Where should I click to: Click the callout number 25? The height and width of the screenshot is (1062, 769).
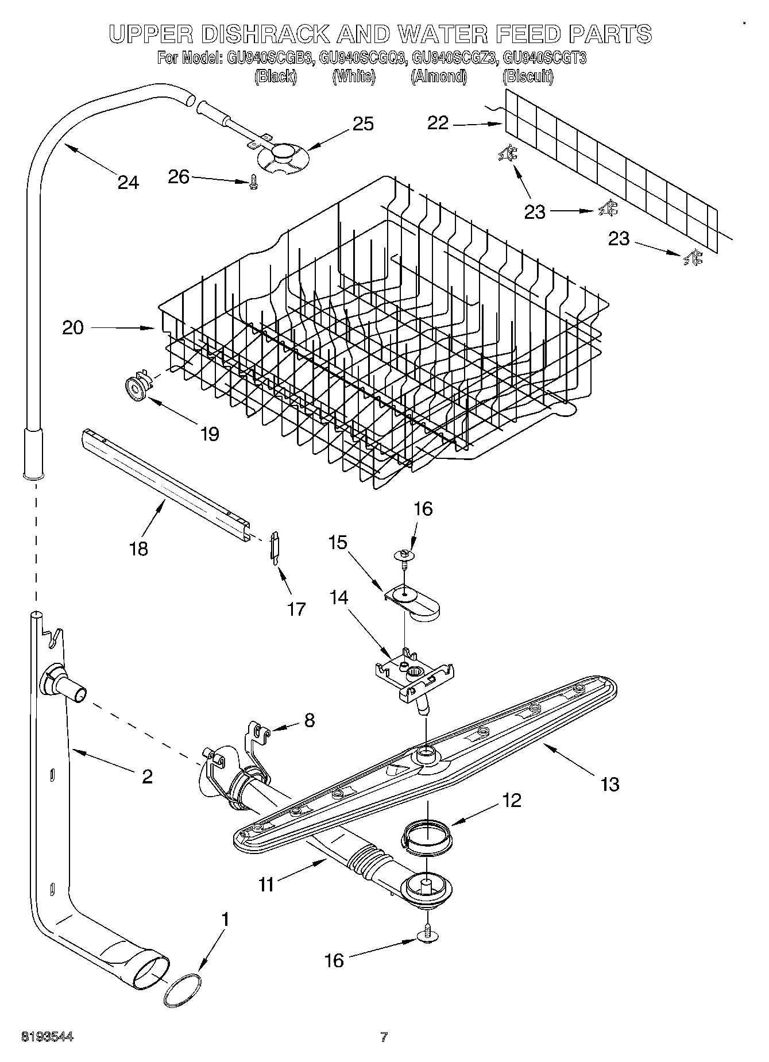point(363,124)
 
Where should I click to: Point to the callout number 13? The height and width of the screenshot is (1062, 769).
point(610,783)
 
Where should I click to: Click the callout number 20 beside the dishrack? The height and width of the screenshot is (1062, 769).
point(73,328)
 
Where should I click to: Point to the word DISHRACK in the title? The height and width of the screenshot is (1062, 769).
point(272,34)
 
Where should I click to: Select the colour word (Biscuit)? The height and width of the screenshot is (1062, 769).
point(527,76)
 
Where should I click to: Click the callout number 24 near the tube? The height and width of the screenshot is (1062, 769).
point(128,182)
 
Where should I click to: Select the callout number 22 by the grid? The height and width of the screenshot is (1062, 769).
point(438,123)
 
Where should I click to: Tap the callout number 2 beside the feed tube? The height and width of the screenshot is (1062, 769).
point(147,777)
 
